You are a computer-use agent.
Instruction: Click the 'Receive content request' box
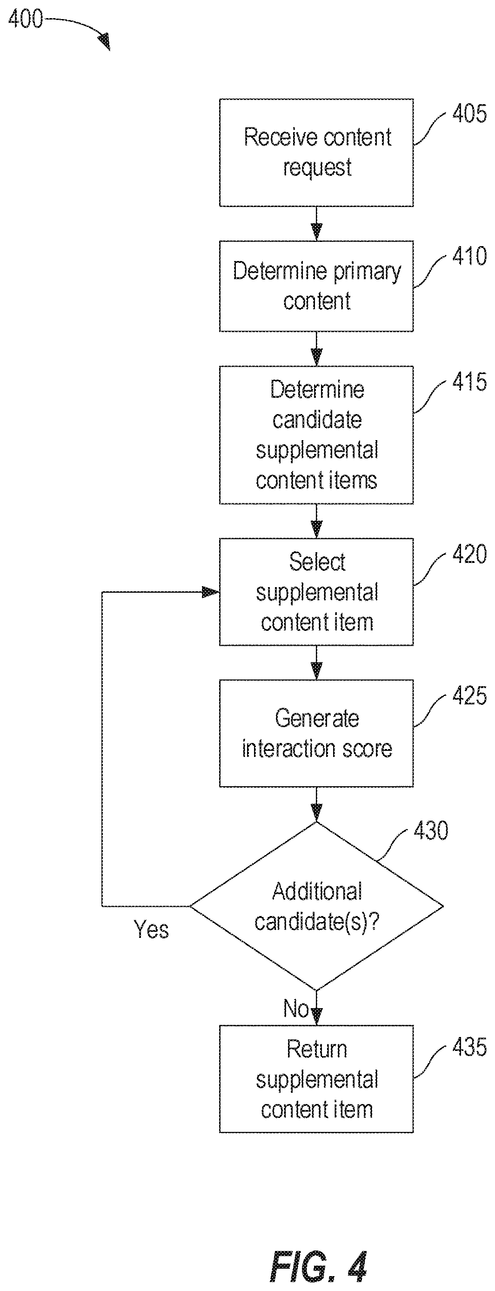tap(316, 152)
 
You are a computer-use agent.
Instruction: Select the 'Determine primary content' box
tap(316, 286)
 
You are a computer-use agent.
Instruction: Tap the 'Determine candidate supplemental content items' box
tap(316, 435)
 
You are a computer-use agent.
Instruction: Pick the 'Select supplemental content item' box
tap(316, 592)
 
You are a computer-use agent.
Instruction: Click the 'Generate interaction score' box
tap(316, 733)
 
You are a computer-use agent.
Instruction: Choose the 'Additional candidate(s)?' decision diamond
tap(316, 906)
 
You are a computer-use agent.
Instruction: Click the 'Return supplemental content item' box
tap(316, 1079)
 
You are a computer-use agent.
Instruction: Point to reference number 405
tap(469, 114)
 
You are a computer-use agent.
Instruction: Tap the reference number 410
tap(469, 256)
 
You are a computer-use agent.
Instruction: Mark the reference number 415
tap(469, 382)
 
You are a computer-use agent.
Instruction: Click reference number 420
tap(469, 554)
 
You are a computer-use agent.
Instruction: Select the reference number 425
tap(469, 696)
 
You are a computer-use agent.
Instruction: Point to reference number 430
tap(431, 831)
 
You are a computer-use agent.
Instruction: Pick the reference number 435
tap(469, 1047)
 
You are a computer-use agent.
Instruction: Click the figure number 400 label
tap(26, 19)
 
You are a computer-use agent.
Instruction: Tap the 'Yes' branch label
tap(151, 930)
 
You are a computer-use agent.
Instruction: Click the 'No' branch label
tap(296, 1008)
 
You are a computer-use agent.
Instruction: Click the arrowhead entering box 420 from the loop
tap(211, 592)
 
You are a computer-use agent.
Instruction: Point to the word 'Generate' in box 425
tap(317, 719)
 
